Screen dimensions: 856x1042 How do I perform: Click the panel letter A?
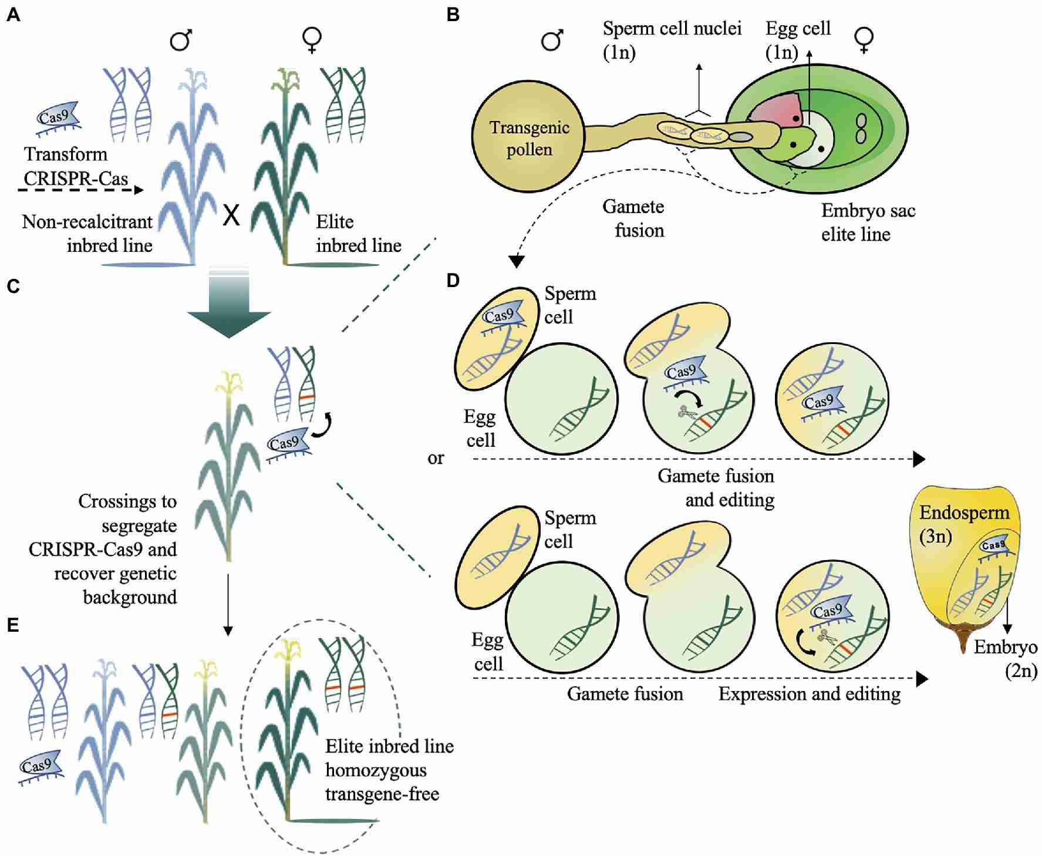pyautogui.click(x=13, y=15)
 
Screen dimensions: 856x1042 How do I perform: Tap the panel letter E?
pyautogui.click(x=12, y=625)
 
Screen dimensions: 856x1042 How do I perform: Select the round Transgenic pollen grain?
pyautogui.click(x=529, y=138)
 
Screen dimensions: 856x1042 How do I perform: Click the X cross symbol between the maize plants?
pyautogui.click(x=232, y=217)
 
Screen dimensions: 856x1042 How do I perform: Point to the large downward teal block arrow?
pyautogui.click(x=229, y=305)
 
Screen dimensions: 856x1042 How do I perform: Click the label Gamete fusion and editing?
pyautogui.click(x=716, y=487)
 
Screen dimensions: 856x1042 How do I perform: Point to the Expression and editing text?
pyautogui.click(x=809, y=694)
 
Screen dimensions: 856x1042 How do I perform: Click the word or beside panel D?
pyautogui.click(x=436, y=458)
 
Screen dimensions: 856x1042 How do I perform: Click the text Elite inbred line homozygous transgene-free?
pyautogui.click(x=389, y=770)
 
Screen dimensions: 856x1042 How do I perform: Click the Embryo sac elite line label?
pyautogui.click(x=868, y=223)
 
